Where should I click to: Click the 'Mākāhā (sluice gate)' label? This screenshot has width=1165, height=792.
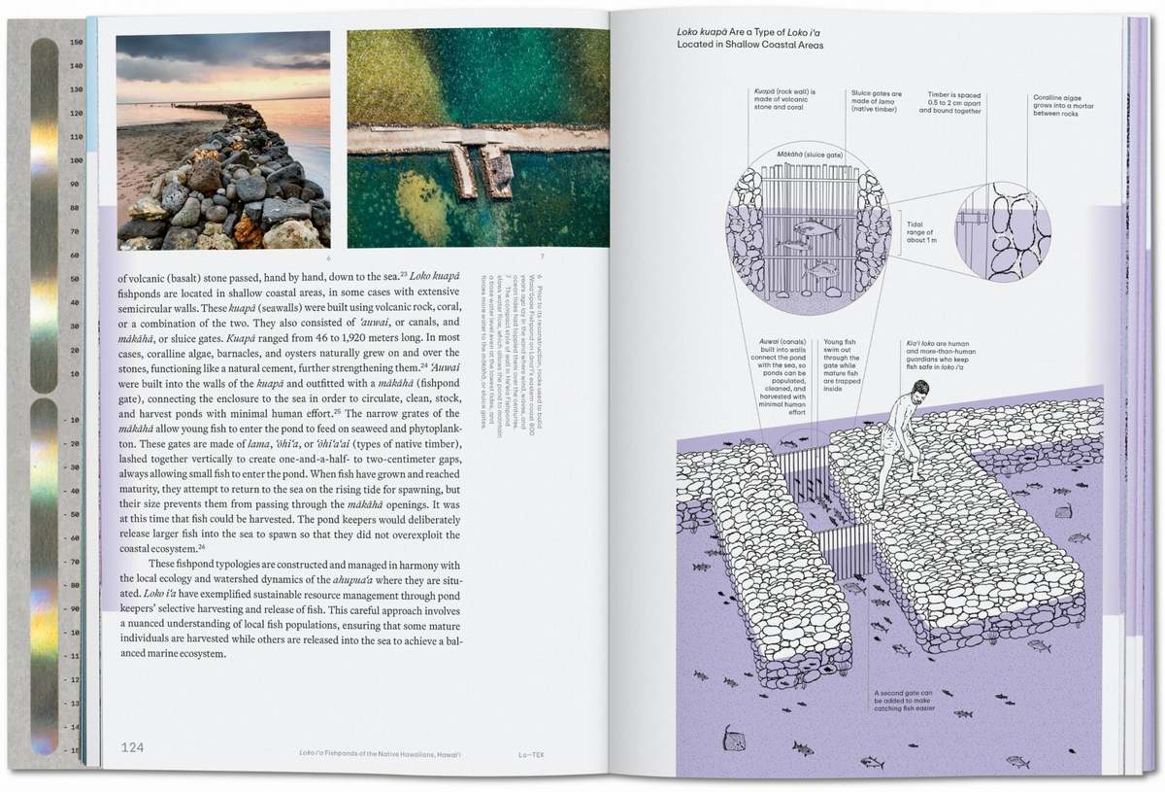[x=771, y=155]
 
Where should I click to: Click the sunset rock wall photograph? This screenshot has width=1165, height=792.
[x=223, y=140]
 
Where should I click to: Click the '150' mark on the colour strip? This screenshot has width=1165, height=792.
[x=76, y=43]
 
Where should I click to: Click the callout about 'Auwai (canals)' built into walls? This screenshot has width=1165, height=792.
[x=781, y=376]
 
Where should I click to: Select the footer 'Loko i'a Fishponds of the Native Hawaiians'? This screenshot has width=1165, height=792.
[x=380, y=757]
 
